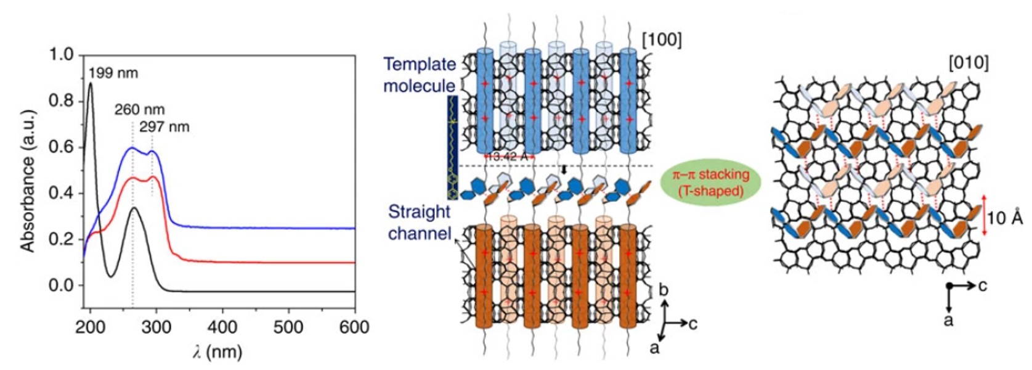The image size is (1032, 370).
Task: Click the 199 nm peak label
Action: (x=113, y=73)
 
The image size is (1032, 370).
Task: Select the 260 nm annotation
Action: (x=139, y=110)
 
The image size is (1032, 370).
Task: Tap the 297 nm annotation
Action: (x=164, y=127)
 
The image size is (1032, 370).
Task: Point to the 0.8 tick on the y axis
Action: (x=62, y=101)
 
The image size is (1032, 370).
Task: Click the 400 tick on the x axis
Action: (x=222, y=327)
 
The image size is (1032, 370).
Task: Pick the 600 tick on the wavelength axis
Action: (x=354, y=327)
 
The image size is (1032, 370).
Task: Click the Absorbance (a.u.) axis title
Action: (x=27, y=181)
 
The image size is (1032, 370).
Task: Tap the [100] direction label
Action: (x=662, y=40)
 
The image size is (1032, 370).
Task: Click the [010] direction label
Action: (x=969, y=62)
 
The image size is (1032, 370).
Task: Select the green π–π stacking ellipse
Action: (x=710, y=183)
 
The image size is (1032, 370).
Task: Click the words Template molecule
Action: (x=420, y=75)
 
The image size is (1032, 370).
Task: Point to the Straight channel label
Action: (x=419, y=223)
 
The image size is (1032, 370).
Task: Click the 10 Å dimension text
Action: (x=1005, y=218)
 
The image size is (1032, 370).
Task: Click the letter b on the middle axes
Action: (x=664, y=290)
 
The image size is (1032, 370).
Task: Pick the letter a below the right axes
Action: (x=949, y=319)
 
